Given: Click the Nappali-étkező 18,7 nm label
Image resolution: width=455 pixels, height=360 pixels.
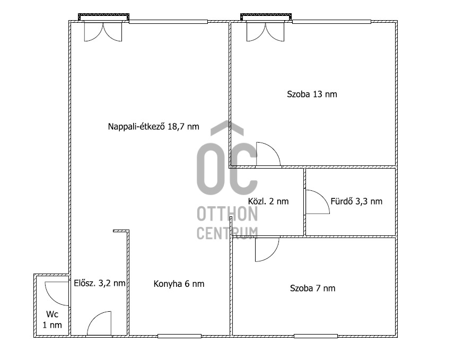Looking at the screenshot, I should click(153, 126).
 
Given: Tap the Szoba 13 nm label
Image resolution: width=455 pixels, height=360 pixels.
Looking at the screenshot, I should click(312, 94).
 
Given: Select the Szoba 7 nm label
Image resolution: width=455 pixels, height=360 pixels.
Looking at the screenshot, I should click(312, 288).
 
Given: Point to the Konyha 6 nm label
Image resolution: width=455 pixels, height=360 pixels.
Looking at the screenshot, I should click(179, 284).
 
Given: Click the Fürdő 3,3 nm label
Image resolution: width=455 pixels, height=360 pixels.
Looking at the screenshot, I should click(356, 201).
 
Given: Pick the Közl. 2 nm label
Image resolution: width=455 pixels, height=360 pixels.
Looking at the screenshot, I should click(268, 201).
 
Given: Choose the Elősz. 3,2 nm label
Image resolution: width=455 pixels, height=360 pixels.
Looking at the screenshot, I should click(100, 283).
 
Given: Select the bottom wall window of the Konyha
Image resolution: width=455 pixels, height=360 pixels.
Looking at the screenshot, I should click(179, 336).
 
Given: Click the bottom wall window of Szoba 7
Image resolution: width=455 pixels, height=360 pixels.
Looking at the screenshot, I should click(316, 336).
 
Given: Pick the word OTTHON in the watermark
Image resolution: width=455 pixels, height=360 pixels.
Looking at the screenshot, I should click(227, 214).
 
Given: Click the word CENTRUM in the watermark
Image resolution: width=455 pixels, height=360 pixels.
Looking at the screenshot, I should click(227, 233).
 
